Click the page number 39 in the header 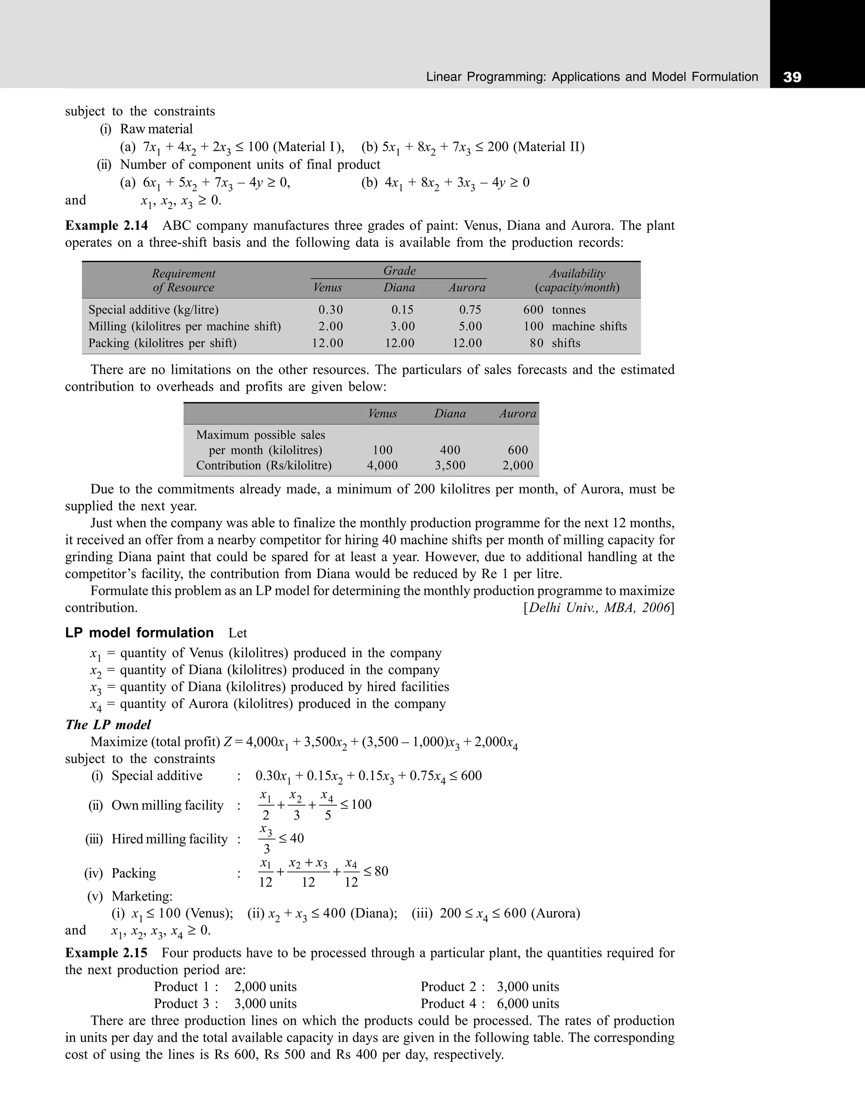point(792,77)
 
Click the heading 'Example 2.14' point(106,226)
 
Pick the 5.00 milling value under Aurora point(467,326)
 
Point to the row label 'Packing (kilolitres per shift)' point(162,343)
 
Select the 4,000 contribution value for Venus point(382,466)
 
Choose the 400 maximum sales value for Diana point(450,450)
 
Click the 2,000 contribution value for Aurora point(517,466)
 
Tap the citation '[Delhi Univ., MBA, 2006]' point(598,608)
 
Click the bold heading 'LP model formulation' point(139,633)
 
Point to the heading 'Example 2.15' point(106,953)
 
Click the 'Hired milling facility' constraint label point(169,839)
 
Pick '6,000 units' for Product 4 point(528,1003)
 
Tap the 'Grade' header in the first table point(399,270)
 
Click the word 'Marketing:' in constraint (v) point(141,896)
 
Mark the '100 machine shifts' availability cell point(574,326)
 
